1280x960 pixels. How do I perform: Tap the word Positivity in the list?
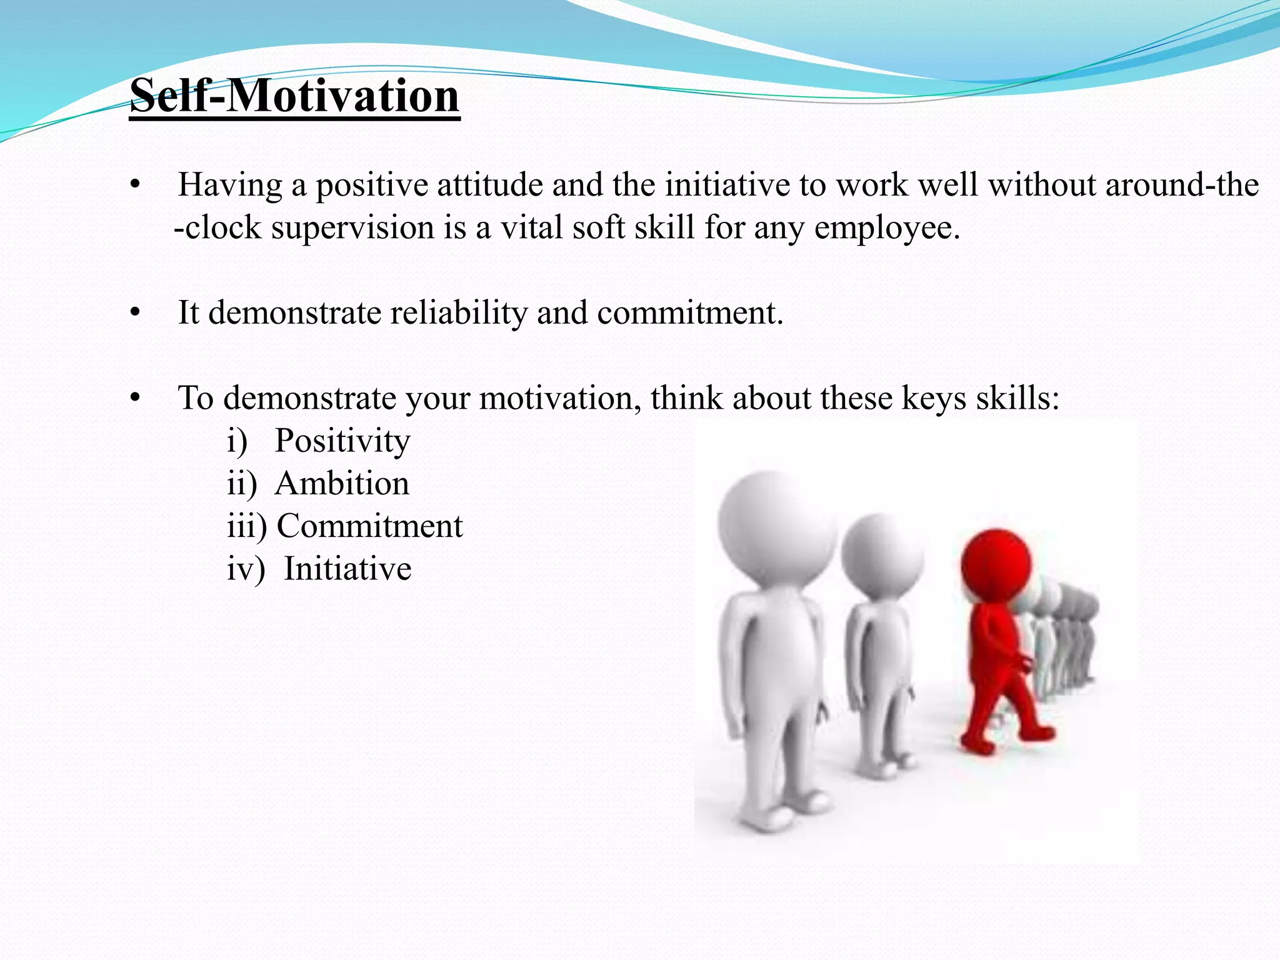pos(342,441)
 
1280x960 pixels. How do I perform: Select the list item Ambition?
pos(342,484)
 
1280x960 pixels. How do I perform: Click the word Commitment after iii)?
pos(369,526)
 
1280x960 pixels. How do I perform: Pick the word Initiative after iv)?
pos(347,569)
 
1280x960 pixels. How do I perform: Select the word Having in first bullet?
pos(229,186)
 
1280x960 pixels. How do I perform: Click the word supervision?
pos(352,227)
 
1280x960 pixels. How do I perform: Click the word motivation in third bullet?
pos(559,398)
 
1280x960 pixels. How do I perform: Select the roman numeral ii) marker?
pos(242,484)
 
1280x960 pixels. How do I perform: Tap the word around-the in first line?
pos(1182,186)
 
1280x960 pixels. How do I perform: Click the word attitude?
pos(480,186)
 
